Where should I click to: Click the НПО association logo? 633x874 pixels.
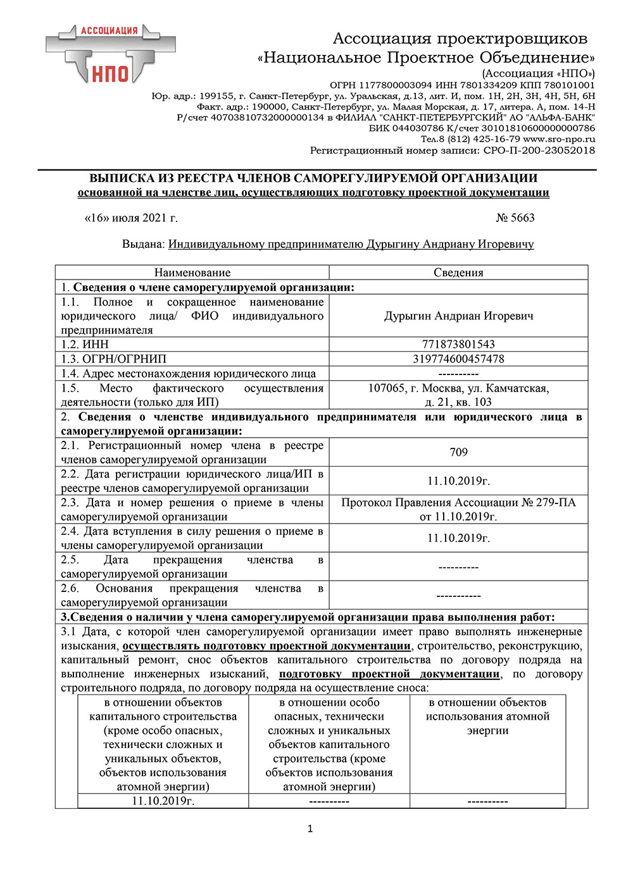(x=111, y=56)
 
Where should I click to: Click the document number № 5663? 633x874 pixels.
(x=515, y=218)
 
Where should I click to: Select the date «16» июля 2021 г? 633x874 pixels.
(x=131, y=218)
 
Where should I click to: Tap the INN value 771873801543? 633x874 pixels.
(x=458, y=345)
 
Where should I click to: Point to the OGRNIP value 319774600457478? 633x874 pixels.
(x=458, y=359)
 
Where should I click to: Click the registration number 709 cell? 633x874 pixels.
(x=458, y=452)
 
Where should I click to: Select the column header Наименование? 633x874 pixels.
(x=192, y=273)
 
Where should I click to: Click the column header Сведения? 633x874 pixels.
(x=458, y=273)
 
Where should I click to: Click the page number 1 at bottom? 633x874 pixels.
(x=310, y=828)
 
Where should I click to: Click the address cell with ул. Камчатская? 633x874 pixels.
(x=458, y=395)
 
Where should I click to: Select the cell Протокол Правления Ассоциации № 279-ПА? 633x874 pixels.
(x=458, y=509)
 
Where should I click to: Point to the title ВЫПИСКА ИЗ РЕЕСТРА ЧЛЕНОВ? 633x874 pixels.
(x=313, y=178)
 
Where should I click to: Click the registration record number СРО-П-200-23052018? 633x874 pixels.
(x=539, y=150)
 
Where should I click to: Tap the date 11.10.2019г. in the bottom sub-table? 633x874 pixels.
(x=163, y=801)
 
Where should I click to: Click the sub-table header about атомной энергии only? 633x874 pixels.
(x=487, y=716)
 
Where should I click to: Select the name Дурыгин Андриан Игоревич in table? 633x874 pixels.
(x=458, y=316)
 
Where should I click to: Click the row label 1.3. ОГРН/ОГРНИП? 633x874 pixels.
(x=114, y=359)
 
